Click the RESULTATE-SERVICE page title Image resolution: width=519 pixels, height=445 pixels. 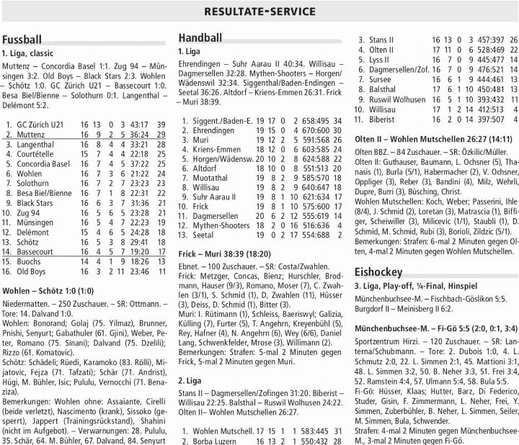259,11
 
